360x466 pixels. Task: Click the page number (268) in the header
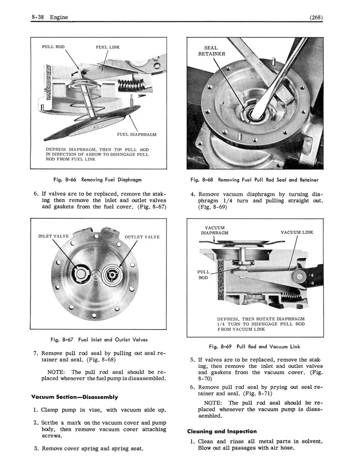[x=315, y=18]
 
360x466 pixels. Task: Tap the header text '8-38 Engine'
[x=49, y=18]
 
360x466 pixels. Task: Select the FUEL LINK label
[x=108, y=47]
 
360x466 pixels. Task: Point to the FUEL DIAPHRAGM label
[x=137, y=134]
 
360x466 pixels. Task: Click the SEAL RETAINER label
[x=212, y=51]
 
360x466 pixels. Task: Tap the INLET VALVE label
[x=53, y=236]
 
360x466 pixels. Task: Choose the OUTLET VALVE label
[x=142, y=237]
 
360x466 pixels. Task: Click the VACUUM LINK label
[x=297, y=233]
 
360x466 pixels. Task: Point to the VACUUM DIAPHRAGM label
[x=214, y=230]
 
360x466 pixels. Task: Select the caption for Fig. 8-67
[x=99, y=339]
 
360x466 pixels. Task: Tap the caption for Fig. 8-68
[x=255, y=180]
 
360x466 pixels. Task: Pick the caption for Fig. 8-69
[x=255, y=347]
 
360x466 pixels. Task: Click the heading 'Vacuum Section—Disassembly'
[x=75, y=397]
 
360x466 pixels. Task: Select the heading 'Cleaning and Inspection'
[x=222, y=431]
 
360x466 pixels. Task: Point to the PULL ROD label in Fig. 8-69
[x=204, y=275]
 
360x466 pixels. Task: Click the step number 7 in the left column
[x=36, y=353]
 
